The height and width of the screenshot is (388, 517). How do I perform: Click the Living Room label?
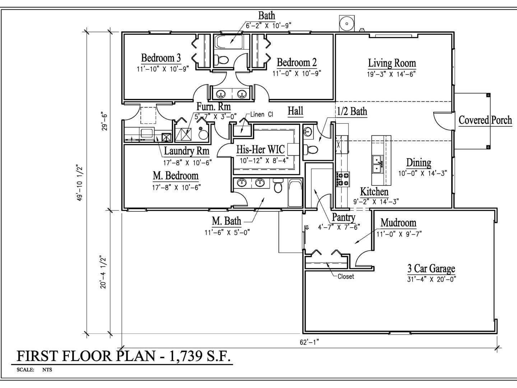tap(392, 64)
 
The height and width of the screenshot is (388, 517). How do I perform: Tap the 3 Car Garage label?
tap(431, 268)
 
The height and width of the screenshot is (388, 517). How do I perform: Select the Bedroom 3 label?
tap(161, 58)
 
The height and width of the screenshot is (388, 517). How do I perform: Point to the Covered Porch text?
tap(485, 120)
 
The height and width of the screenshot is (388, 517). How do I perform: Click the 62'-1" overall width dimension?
tap(309, 342)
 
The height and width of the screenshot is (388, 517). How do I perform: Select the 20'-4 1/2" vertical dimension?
tap(104, 272)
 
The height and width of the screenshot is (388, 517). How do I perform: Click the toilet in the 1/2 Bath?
tap(311, 149)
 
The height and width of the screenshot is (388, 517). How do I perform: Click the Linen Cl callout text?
tap(262, 115)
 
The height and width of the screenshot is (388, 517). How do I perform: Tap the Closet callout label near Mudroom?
tap(345, 276)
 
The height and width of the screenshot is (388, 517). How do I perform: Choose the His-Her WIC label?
tap(260, 149)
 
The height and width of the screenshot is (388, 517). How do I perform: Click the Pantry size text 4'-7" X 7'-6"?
tap(339, 227)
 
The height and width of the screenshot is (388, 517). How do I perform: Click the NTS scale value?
tap(47, 370)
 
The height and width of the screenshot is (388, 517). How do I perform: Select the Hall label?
tap(295, 111)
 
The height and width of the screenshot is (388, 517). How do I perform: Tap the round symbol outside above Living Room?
tap(347, 24)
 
